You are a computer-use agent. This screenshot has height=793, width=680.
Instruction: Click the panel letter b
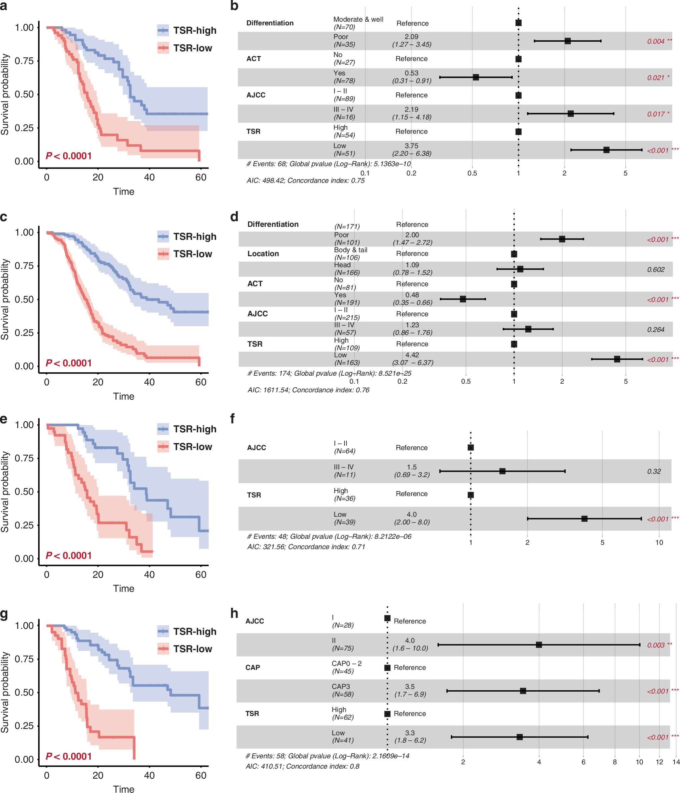pos(234,6)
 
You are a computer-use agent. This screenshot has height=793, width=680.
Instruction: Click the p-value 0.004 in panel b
pos(656,41)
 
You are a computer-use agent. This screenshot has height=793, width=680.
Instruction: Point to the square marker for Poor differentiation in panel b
pos(568,41)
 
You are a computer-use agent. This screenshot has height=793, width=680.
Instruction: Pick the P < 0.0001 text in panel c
pos(69,363)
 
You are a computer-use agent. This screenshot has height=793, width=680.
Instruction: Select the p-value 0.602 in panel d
pos(656,270)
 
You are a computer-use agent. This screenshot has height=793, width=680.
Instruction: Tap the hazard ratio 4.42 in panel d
pos(412,355)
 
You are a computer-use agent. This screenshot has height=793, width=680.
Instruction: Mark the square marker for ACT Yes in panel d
pos(463,299)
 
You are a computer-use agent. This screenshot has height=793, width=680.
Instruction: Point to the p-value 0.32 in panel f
pos(654,471)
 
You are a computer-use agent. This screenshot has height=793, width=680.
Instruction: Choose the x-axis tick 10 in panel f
pos(659,542)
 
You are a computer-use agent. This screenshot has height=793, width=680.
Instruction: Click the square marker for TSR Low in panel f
pos(584,518)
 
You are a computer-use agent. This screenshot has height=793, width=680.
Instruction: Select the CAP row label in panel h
pos(252,668)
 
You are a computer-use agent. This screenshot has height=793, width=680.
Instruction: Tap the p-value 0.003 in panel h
pos(656,645)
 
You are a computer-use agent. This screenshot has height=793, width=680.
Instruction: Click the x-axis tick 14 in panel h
pos(676,762)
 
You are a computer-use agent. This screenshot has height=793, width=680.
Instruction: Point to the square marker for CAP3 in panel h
pos(523,691)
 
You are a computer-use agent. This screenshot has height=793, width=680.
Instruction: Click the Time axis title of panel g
pos(124,789)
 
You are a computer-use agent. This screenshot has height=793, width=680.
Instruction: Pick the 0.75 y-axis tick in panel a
pos(24,61)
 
